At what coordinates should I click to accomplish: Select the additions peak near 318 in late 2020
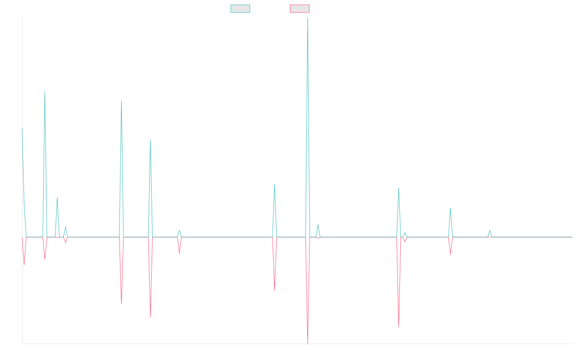[x=45, y=92]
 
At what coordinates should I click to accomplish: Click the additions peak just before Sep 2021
[x=121, y=101]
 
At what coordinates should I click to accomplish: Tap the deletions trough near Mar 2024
[x=399, y=326]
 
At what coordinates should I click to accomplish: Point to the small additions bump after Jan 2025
[x=490, y=231]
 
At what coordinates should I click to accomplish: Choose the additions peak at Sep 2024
[x=450, y=208]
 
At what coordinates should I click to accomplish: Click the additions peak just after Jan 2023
[x=275, y=184]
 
